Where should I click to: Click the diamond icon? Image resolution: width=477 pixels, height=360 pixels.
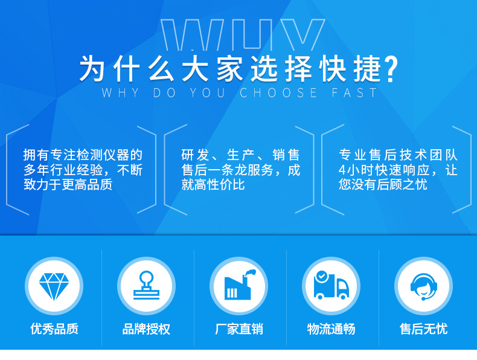point(54,286)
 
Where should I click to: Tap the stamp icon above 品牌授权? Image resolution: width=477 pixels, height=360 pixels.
point(146,285)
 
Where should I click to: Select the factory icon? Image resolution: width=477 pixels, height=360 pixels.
point(239,285)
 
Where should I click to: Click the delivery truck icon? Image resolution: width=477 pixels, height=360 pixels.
point(331,286)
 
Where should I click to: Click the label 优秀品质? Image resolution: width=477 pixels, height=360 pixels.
point(54,329)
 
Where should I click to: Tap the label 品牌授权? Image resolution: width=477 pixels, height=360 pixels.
point(146,329)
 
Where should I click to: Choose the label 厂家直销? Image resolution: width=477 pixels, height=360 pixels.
point(239,329)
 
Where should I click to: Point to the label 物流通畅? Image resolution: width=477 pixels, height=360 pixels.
point(331,329)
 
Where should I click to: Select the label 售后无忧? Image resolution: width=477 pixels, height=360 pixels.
point(424,329)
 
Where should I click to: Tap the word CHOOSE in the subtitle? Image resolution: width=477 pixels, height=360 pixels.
point(278,93)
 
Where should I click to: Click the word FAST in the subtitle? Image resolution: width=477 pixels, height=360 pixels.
point(354,93)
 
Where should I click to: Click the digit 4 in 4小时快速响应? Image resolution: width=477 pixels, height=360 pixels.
point(342,170)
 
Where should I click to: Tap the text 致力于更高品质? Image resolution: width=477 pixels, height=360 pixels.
point(68,185)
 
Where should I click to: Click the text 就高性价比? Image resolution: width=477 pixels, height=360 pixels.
point(213,185)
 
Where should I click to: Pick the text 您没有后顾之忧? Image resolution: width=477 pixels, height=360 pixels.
point(383,185)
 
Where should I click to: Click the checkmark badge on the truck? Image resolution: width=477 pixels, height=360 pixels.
point(321,276)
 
